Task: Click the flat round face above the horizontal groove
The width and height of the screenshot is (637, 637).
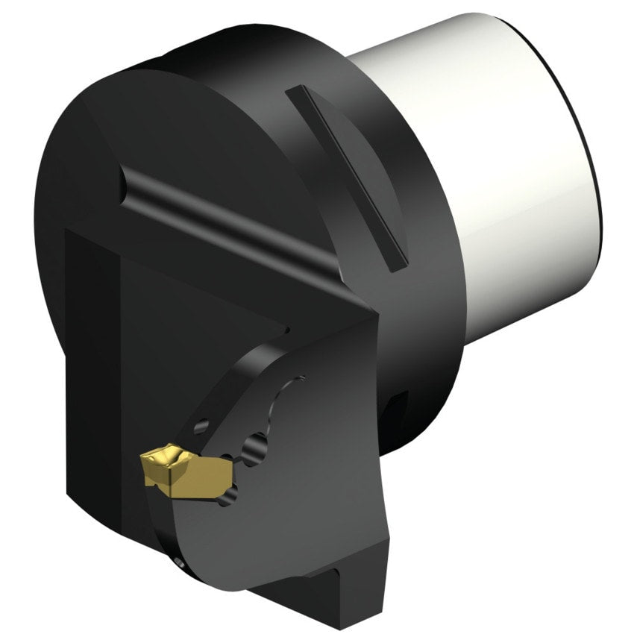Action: coord(186,127)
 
